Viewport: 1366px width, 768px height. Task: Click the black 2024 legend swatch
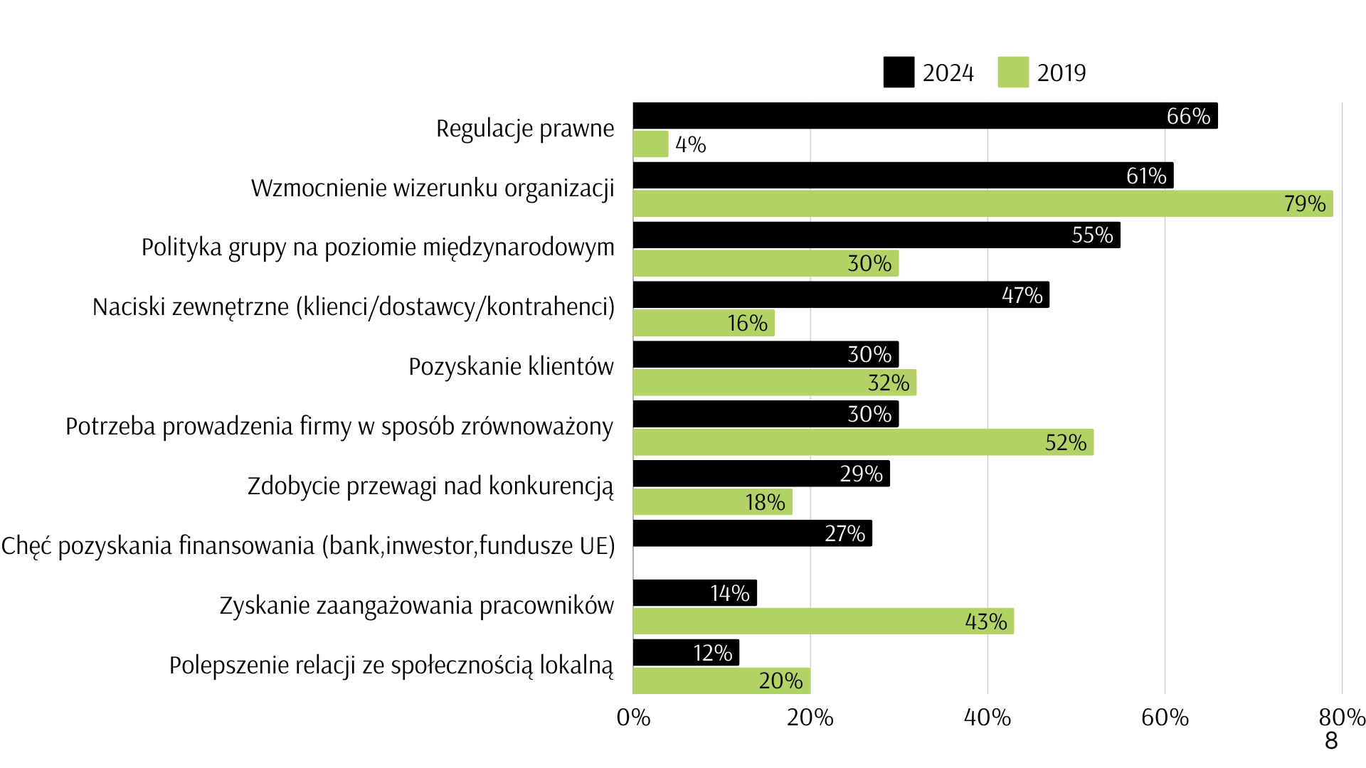pos(899,73)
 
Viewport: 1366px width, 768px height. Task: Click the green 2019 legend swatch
pos(1013,73)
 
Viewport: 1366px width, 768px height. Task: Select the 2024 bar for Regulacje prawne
pos(925,116)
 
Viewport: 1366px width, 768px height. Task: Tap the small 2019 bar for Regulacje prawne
pos(650,144)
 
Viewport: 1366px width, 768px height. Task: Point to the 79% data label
pos(1305,204)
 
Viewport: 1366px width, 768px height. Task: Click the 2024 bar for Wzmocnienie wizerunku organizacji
pos(902,176)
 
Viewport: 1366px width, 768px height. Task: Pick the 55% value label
pos(1092,235)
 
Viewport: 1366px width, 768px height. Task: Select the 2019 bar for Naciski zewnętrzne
pos(703,324)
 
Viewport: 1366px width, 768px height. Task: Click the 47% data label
pos(1022,295)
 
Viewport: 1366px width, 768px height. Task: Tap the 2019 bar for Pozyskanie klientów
pos(774,383)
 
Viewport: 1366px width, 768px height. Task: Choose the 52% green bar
pos(862,442)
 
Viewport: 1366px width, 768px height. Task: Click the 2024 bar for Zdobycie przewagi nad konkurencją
pos(761,474)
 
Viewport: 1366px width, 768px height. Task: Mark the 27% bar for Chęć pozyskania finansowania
pos(752,533)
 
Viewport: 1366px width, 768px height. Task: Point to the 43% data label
pos(986,622)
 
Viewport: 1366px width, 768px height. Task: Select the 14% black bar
pos(694,593)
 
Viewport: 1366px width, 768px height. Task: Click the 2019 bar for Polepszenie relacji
pos(721,681)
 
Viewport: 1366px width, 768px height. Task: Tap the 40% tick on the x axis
pos(988,718)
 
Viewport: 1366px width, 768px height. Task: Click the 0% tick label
pos(633,718)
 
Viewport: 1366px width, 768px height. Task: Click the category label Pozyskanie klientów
pos(511,367)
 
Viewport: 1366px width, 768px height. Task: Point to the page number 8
pos(1331,741)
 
